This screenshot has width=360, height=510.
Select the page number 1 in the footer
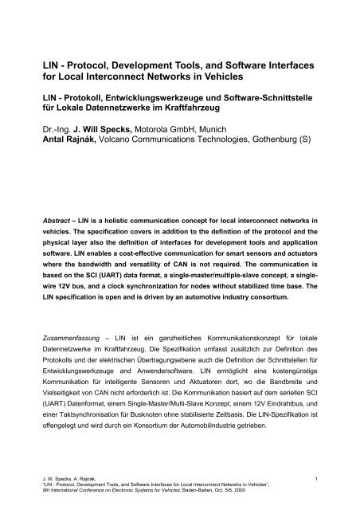click(x=316, y=478)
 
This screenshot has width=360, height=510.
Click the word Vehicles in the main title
click(x=263, y=77)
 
